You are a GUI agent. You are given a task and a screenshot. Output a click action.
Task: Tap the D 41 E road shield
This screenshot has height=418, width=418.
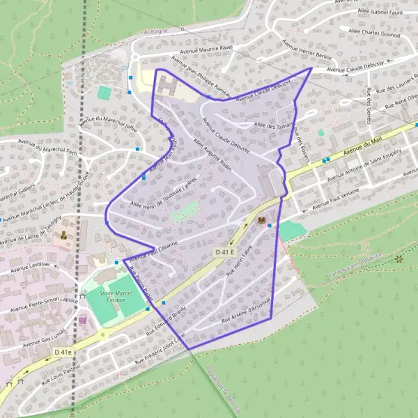point(226,251)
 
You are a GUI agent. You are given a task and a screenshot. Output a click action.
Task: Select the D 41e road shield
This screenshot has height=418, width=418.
point(63,354)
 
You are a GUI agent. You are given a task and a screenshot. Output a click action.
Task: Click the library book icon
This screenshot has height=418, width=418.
point(262,221)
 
